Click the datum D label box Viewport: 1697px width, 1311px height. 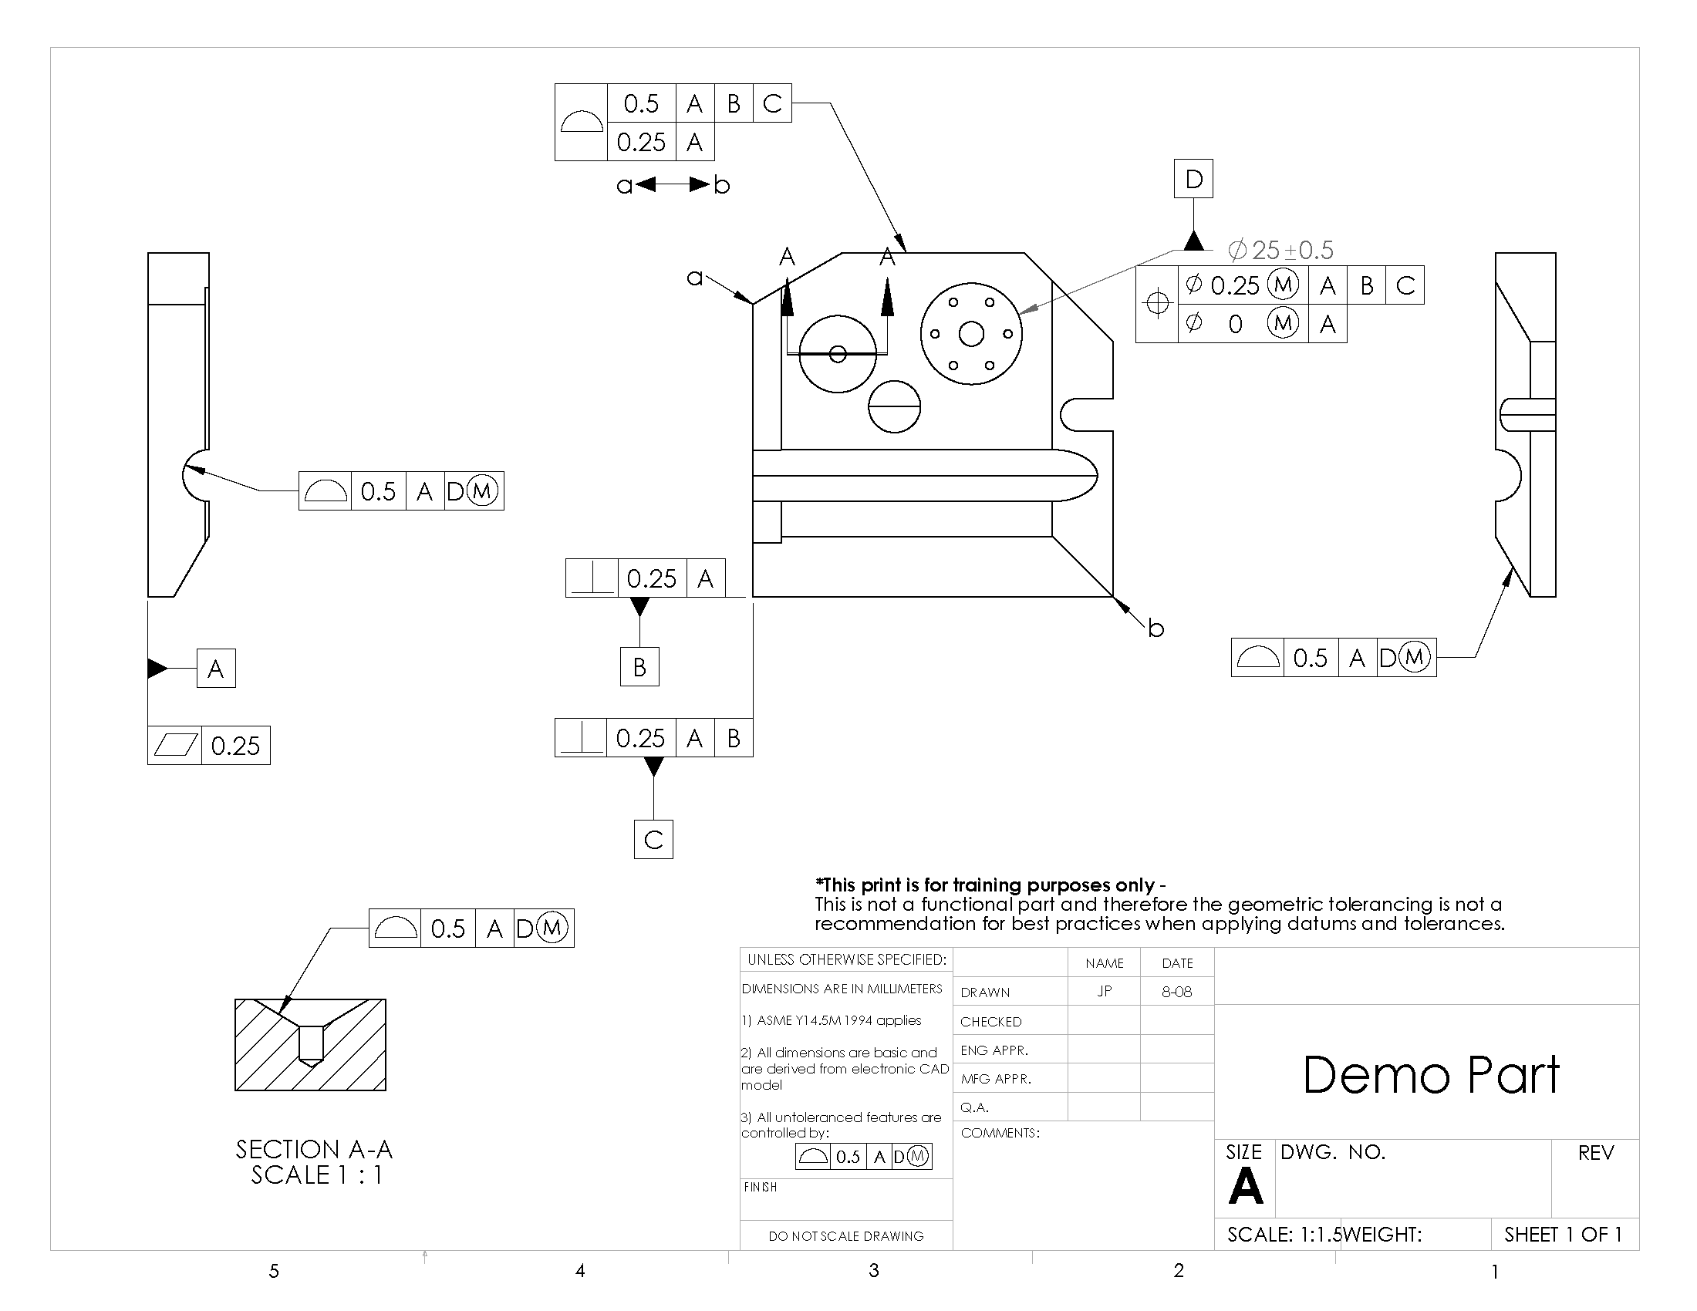(x=1193, y=179)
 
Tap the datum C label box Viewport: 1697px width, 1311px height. (x=653, y=840)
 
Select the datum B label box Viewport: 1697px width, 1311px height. (x=639, y=667)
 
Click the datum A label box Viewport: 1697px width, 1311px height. (x=216, y=669)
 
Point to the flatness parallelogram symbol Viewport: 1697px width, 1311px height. (x=175, y=746)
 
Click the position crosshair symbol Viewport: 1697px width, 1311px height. (x=1157, y=304)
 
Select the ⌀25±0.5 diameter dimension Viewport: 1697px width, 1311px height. (x=1280, y=250)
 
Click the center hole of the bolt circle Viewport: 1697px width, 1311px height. (x=971, y=334)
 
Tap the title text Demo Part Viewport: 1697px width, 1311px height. (x=1430, y=1075)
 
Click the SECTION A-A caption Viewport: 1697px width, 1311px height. (x=314, y=1149)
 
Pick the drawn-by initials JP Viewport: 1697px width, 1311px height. (x=1104, y=992)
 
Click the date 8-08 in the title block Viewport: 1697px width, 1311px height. (x=1176, y=992)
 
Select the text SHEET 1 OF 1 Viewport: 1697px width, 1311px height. (x=1563, y=1234)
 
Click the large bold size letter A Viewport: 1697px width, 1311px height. (x=1246, y=1186)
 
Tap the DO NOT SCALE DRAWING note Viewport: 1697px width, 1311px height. (x=845, y=1235)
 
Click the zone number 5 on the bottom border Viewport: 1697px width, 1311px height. (x=274, y=1271)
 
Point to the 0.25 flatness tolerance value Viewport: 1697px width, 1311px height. (x=235, y=746)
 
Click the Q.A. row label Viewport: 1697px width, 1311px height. (x=974, y=1107)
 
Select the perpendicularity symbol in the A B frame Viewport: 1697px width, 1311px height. (x=581, y=738)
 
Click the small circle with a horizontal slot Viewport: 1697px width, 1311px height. (x=894, y=406)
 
